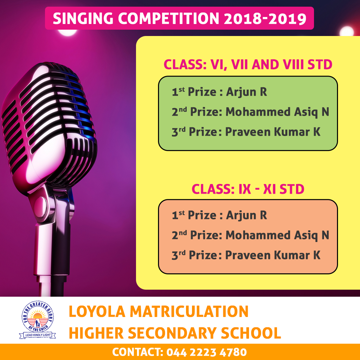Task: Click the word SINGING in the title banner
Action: point(83,18)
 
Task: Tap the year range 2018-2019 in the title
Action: point(265,18)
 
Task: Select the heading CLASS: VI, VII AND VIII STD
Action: point(248,65)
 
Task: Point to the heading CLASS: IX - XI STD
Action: point(248,189)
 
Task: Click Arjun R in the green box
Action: point(247,92)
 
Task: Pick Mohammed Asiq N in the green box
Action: point(277,112)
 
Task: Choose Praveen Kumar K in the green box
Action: point(273,132)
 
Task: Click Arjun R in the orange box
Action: point(247,215)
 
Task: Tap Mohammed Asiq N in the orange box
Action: point(277,235)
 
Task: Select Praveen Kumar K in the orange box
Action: point(273,255)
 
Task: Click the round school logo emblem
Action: point(38,316)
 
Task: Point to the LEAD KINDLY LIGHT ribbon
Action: point(37,335)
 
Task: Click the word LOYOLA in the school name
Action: point(97,312)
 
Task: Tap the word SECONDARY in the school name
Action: point(172,333)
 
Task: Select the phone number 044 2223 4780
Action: point(207,352)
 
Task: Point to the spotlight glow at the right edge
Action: point(347,31)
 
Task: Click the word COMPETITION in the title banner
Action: point(169,18)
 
